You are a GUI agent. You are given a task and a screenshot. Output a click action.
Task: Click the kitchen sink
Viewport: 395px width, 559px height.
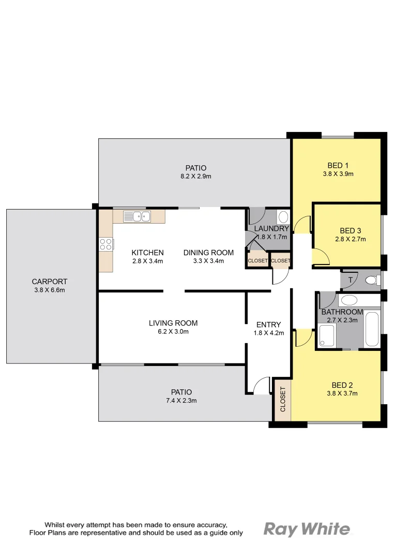[136, 216]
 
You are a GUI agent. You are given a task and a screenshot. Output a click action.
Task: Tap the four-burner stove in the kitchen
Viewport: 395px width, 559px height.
[106, 244]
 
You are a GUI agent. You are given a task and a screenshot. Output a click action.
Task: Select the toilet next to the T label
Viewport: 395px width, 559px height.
[371, 281]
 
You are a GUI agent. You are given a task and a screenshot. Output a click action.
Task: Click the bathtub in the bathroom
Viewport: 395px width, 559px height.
[372, 329]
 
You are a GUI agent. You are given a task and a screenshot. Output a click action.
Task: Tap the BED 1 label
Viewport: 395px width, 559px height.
[338, 166]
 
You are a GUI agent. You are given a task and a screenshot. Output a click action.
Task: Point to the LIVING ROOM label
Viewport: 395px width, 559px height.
[173, 323]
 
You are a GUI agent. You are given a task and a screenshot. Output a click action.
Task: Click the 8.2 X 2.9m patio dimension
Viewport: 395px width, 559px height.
[195, 176]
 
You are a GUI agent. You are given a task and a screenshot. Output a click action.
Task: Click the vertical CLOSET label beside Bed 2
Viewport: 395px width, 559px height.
[283, 400]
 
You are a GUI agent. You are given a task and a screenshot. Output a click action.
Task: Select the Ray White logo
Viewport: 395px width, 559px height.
[307, 529]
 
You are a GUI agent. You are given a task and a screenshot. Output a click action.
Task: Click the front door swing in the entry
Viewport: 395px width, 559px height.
[263, 386]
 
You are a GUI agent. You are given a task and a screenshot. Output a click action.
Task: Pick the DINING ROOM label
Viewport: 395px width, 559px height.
[208, 253]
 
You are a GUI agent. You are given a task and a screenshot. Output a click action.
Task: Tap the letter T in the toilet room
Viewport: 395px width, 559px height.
[350, 281]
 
